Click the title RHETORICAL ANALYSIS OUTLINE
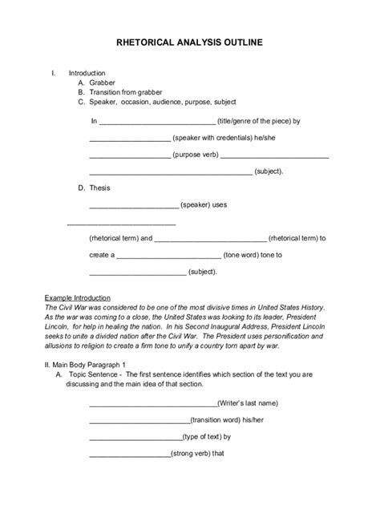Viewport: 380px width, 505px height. (190, 45)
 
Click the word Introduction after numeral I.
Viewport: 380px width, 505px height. (87, 73)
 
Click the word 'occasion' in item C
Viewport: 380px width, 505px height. (144, 103)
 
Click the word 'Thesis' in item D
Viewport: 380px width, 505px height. (99, 188)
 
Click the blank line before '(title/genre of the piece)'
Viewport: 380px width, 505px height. (157, 123)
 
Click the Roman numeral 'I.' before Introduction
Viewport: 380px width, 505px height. (54, 73)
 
